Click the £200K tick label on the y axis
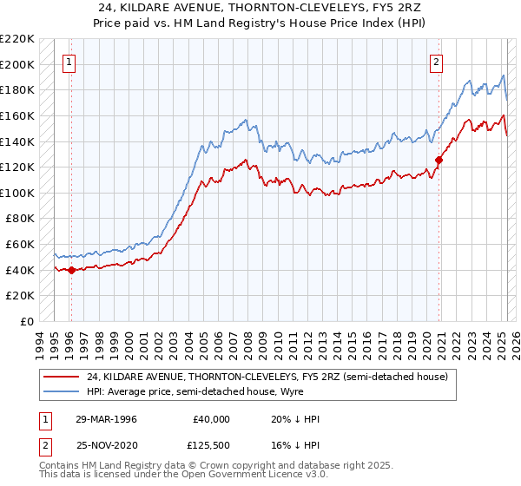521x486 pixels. (x=18, y=64)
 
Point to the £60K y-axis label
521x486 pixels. (x=21, y=245)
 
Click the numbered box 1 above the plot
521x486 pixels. (x=68, y=62)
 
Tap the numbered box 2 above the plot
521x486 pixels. (x=436, y=62)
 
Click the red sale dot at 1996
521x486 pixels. (x=70, y=270)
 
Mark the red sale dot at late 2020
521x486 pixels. (x=439, y=160)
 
